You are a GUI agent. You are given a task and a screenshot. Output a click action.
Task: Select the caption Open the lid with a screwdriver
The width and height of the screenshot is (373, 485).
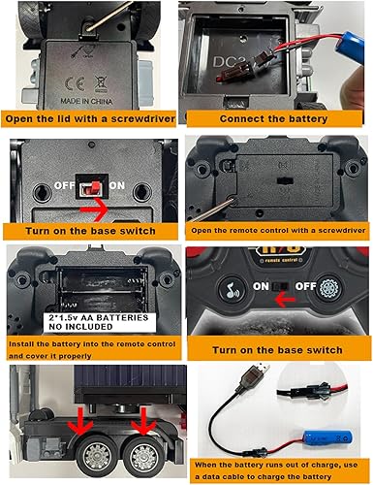tap(90, 119)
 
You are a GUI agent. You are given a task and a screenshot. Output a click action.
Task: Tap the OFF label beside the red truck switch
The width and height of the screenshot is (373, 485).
tap(66, 184)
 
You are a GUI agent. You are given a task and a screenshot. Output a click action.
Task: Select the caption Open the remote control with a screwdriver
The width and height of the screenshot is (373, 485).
tap(277, 229)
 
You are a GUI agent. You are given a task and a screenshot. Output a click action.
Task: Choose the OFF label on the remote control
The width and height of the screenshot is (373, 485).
tap(306, 287)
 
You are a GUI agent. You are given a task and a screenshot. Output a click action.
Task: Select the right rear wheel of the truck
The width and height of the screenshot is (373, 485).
tap(140, 452)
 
